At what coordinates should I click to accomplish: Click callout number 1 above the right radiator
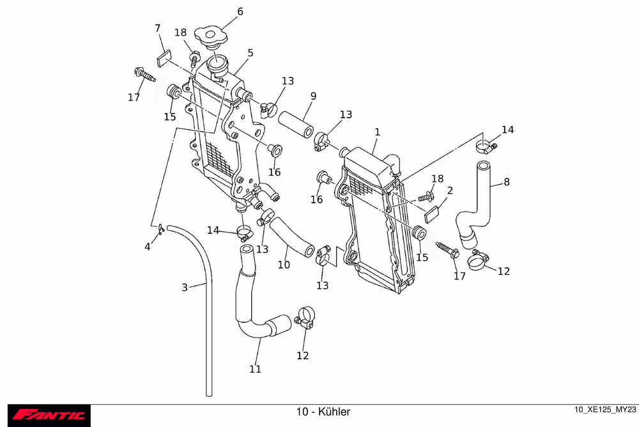378,132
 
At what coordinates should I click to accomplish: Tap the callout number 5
250,53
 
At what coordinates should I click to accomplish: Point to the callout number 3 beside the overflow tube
185,288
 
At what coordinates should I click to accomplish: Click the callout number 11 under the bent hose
255,369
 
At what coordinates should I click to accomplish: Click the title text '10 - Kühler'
323,412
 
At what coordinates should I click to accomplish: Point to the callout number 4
148,246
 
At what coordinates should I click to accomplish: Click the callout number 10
284,264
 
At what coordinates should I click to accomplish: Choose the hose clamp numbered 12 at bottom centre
304,317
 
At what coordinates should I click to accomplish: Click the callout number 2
450,190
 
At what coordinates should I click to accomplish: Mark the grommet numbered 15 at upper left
173,91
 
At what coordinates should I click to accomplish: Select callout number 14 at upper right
507,130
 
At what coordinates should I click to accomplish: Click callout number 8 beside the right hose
507,182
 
